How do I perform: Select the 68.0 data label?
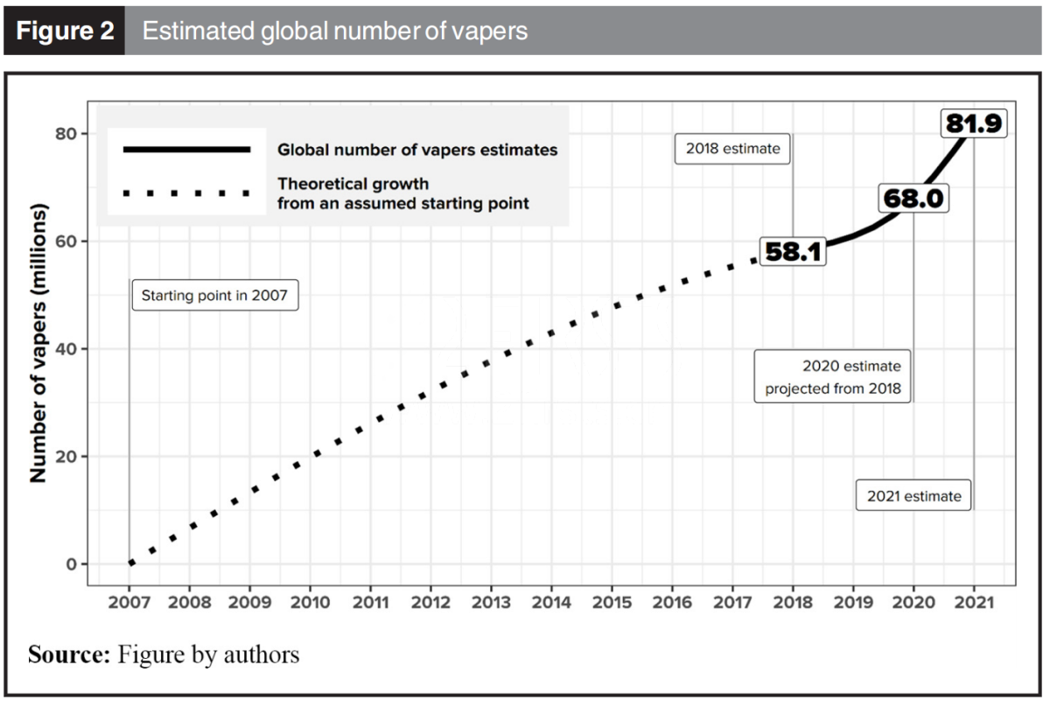(x=913, y=199)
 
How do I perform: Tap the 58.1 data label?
(x=792, y=252)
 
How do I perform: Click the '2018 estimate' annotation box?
(x=732, y=149)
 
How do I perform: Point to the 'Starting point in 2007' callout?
(x=214, y=296)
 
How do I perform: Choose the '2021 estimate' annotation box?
(x=913, y=496)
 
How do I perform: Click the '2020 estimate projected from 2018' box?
(x=833, y=377)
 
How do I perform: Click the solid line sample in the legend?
(x=186, y=150)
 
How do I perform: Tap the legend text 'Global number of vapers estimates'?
(x=417, y=150)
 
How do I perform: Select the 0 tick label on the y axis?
(x=72, y=564)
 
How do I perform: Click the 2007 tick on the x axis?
(x=129, y=602)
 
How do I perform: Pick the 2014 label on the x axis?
(x=551, y=602)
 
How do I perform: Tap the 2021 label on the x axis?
(x=974, y=602)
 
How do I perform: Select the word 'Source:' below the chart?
(x=67, y=654)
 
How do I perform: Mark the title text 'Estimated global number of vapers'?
(x=334, y=31)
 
